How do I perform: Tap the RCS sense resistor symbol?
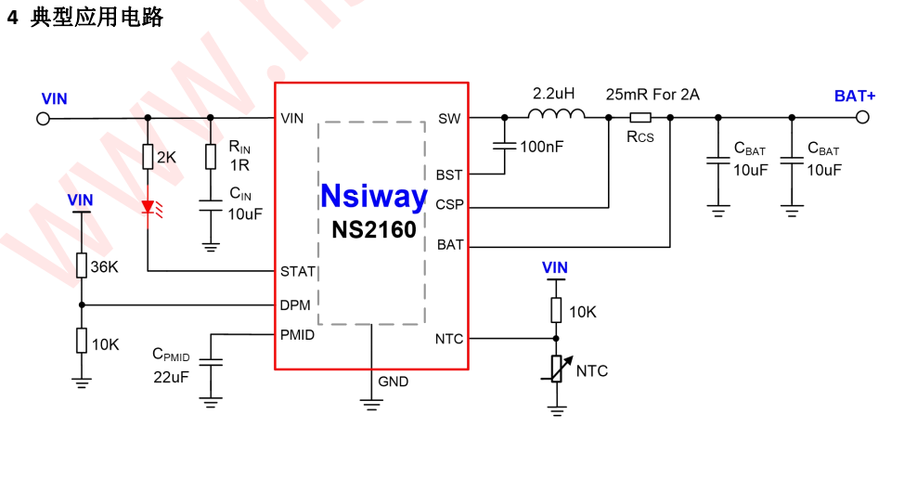640,118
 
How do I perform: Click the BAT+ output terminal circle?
862,118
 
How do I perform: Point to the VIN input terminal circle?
43,118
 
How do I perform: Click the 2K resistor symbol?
148,157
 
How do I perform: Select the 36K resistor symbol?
82,267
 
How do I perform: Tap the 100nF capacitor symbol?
504,146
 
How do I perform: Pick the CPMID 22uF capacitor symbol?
212,364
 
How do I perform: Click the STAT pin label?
298,272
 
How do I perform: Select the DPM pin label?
295,304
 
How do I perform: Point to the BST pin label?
449,175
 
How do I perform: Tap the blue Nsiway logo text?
373,197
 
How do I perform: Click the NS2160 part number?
374,229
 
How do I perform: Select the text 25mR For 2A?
652,95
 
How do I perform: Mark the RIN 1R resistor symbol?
211,157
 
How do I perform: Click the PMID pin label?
297,335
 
